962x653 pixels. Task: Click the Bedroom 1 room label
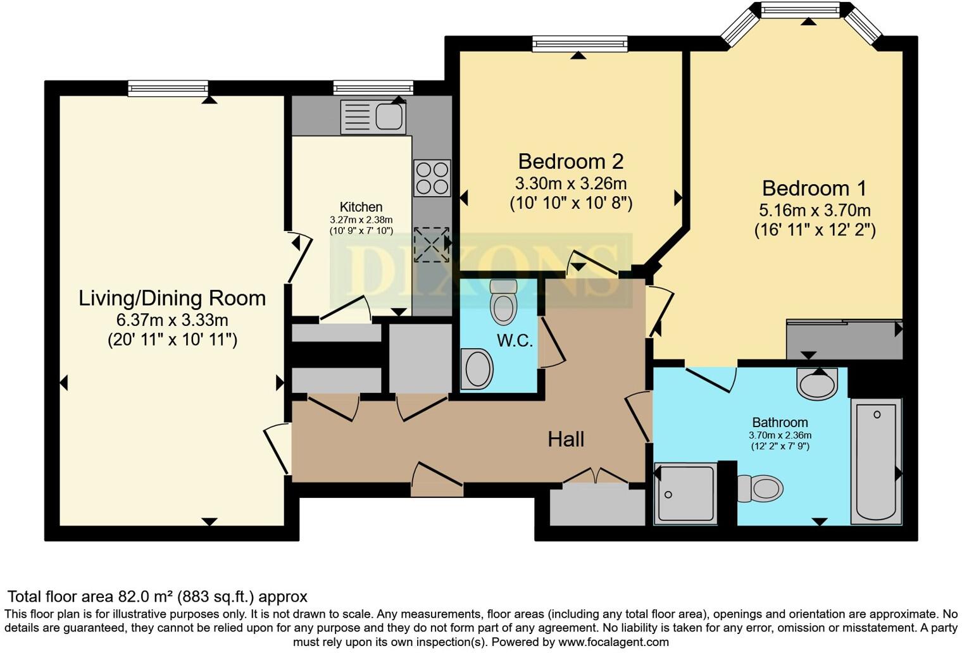[x=814, y=189]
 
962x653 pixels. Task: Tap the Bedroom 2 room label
[x=570, y=161]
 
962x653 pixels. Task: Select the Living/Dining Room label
[x=172, y=298]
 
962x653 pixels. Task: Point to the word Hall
[x=566, y=439]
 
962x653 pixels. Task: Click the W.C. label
[x=515, y=341]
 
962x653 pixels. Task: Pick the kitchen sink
[x=373, y=117]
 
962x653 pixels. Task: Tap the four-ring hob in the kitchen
[x=432, y=178]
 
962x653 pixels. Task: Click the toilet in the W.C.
[x=504, y=302]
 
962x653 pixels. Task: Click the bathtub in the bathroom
[x=876, y=461]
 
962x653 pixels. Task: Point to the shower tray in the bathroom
[x=685, y=494]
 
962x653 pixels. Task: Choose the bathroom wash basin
[x=817, y=384]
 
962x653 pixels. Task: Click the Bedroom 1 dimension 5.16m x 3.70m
[x=815, y=210]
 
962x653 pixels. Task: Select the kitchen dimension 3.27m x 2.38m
[x=361, y=220]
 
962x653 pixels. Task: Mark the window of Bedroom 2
[x=580, y=43]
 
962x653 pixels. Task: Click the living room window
[x=168, y=88]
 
